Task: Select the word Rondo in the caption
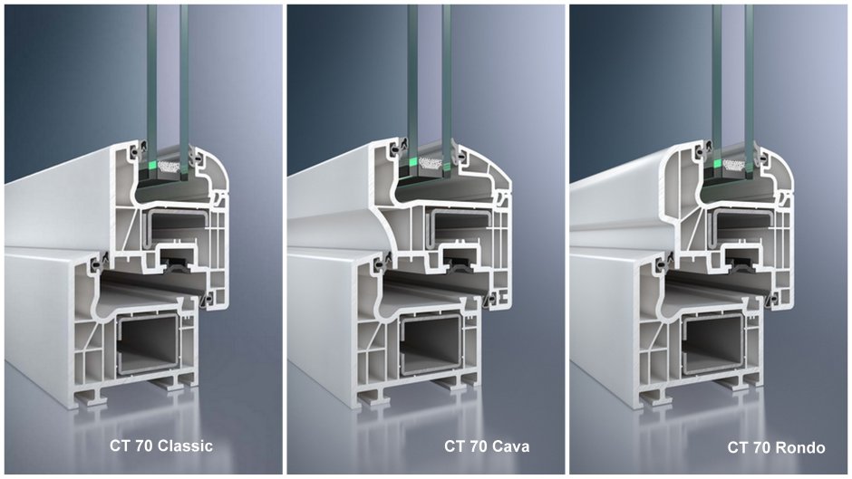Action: [x=799, y=447]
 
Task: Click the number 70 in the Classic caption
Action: [x=144, y=445]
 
